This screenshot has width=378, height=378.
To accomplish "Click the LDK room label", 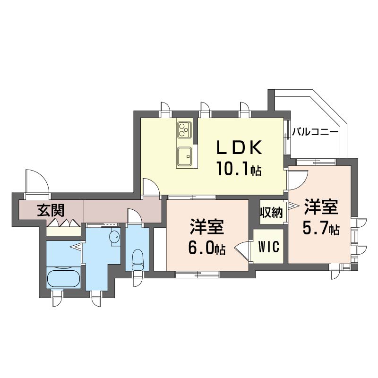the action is click(x=240, y=147).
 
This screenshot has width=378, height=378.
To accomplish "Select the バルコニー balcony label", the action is click(x=315, y=132).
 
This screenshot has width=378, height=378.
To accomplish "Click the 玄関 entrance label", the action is click(x=51, y=210).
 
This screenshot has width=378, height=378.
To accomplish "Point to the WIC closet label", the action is click(x=268, y=246).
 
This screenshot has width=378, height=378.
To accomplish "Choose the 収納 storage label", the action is click(x=271, y=212).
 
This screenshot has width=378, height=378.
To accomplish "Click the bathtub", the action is click(x=63, y=279).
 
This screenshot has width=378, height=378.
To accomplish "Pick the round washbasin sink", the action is click(x=114, y=237).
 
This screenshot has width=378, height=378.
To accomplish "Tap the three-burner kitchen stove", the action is click(x=184, y=129).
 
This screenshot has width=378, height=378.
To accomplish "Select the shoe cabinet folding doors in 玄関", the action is click(x=64, y=222).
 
